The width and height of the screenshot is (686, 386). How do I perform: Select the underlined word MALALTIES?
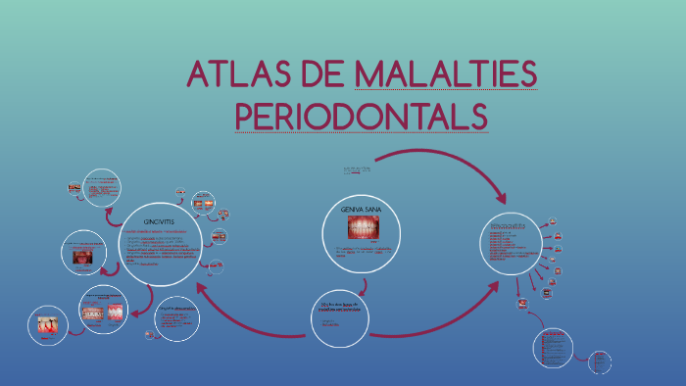pos(446,76)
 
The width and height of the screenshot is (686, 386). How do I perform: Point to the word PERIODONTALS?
pos(362,115)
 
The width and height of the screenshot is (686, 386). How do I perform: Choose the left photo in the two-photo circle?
pos(91,313)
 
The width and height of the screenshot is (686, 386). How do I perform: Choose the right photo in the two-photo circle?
pos(116,313)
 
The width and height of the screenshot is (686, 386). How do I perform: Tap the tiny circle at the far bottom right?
pos(600,363)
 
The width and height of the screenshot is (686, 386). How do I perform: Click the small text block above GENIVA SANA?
pos(359,171)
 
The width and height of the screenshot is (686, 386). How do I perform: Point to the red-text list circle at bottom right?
pos(554,349)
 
